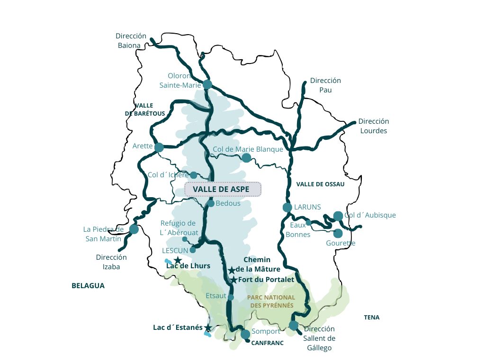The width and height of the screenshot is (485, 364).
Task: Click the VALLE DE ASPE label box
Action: (223, 189)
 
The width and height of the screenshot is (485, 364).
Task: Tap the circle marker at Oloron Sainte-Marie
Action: (207, 84)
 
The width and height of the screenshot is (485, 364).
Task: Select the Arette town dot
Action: (159, 147)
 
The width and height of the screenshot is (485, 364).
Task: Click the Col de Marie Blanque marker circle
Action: (246, 157)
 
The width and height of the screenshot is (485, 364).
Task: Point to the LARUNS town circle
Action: (287, 207)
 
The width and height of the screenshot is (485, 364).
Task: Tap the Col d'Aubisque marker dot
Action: (338, 216)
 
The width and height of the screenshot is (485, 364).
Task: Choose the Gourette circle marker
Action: (338, 233)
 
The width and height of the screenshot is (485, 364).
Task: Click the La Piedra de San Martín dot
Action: (134, 229)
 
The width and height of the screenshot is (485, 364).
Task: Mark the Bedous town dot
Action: (211, 203)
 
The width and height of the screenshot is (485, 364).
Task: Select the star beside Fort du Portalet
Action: (234, 280)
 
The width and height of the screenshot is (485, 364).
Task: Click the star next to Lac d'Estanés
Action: (207, 328)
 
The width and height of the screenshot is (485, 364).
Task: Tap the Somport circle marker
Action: (245, 334)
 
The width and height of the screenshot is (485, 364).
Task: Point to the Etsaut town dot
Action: (231, 298)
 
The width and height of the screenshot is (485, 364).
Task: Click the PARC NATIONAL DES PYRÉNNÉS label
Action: (271, 301)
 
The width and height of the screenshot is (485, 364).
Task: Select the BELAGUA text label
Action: (88, 286)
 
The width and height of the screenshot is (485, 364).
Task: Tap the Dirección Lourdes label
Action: (373, 126)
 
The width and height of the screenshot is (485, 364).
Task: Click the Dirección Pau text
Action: (325, 85)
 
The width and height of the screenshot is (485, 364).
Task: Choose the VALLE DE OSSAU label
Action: (320, 184)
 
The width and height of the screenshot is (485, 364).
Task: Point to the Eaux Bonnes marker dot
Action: (308, 222)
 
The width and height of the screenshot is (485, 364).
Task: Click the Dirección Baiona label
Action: (131, 41)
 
